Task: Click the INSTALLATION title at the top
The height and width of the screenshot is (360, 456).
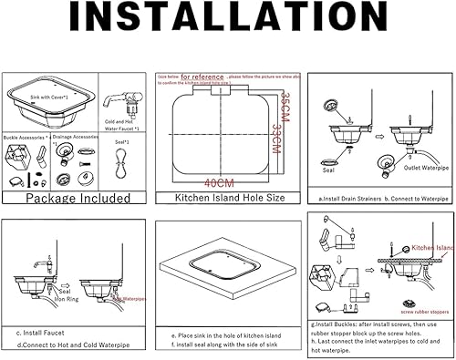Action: pyautogui.click(x=228, y=26)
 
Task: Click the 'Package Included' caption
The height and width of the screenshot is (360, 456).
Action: pyautogui.click(x=73, y=196)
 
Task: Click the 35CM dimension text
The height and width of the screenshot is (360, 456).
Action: pyautogui.click(x=285, y=109)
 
